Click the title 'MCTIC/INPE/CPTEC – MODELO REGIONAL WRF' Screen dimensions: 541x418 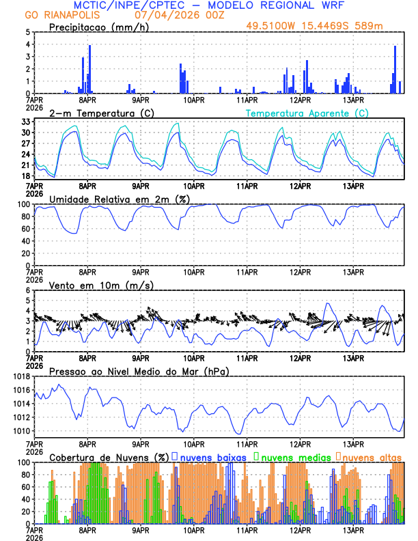[209, 5]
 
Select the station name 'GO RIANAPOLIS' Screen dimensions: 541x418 [61, 15]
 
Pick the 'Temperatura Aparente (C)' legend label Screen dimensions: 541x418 [307, 113]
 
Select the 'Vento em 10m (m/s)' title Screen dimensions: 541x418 [92, 285]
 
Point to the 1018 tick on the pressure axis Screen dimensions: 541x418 [21, 376]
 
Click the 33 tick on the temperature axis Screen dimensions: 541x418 [25, 121]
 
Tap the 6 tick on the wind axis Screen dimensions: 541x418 [28, 290]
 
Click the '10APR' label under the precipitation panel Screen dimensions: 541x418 [193, 99]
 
